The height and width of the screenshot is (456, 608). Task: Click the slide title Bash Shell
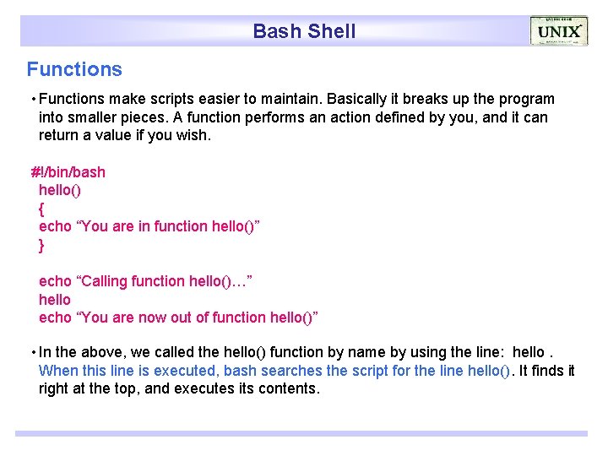(x=304, y=32)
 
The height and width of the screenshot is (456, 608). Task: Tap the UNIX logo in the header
(x=558, y=32)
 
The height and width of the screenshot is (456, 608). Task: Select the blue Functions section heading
(x=74, y=69)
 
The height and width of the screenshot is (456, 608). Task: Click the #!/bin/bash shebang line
(x=68, y=172)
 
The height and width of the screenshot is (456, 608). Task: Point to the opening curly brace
(x=42, y=208)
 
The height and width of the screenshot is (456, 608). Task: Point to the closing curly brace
(x=42, y=246)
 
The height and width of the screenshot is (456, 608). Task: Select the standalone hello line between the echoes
(x=55, y=300)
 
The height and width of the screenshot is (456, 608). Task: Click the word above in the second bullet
(x=104, y=352)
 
